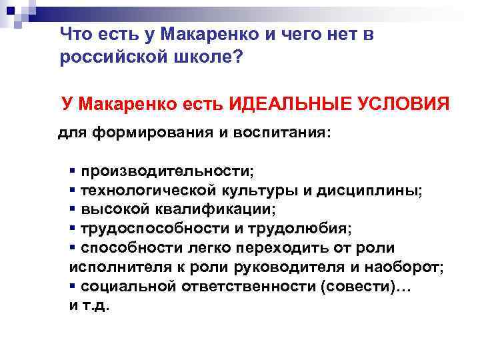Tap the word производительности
(x=167, y=171)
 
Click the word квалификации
(x=218, y=209)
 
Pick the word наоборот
(x=405, y=267)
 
